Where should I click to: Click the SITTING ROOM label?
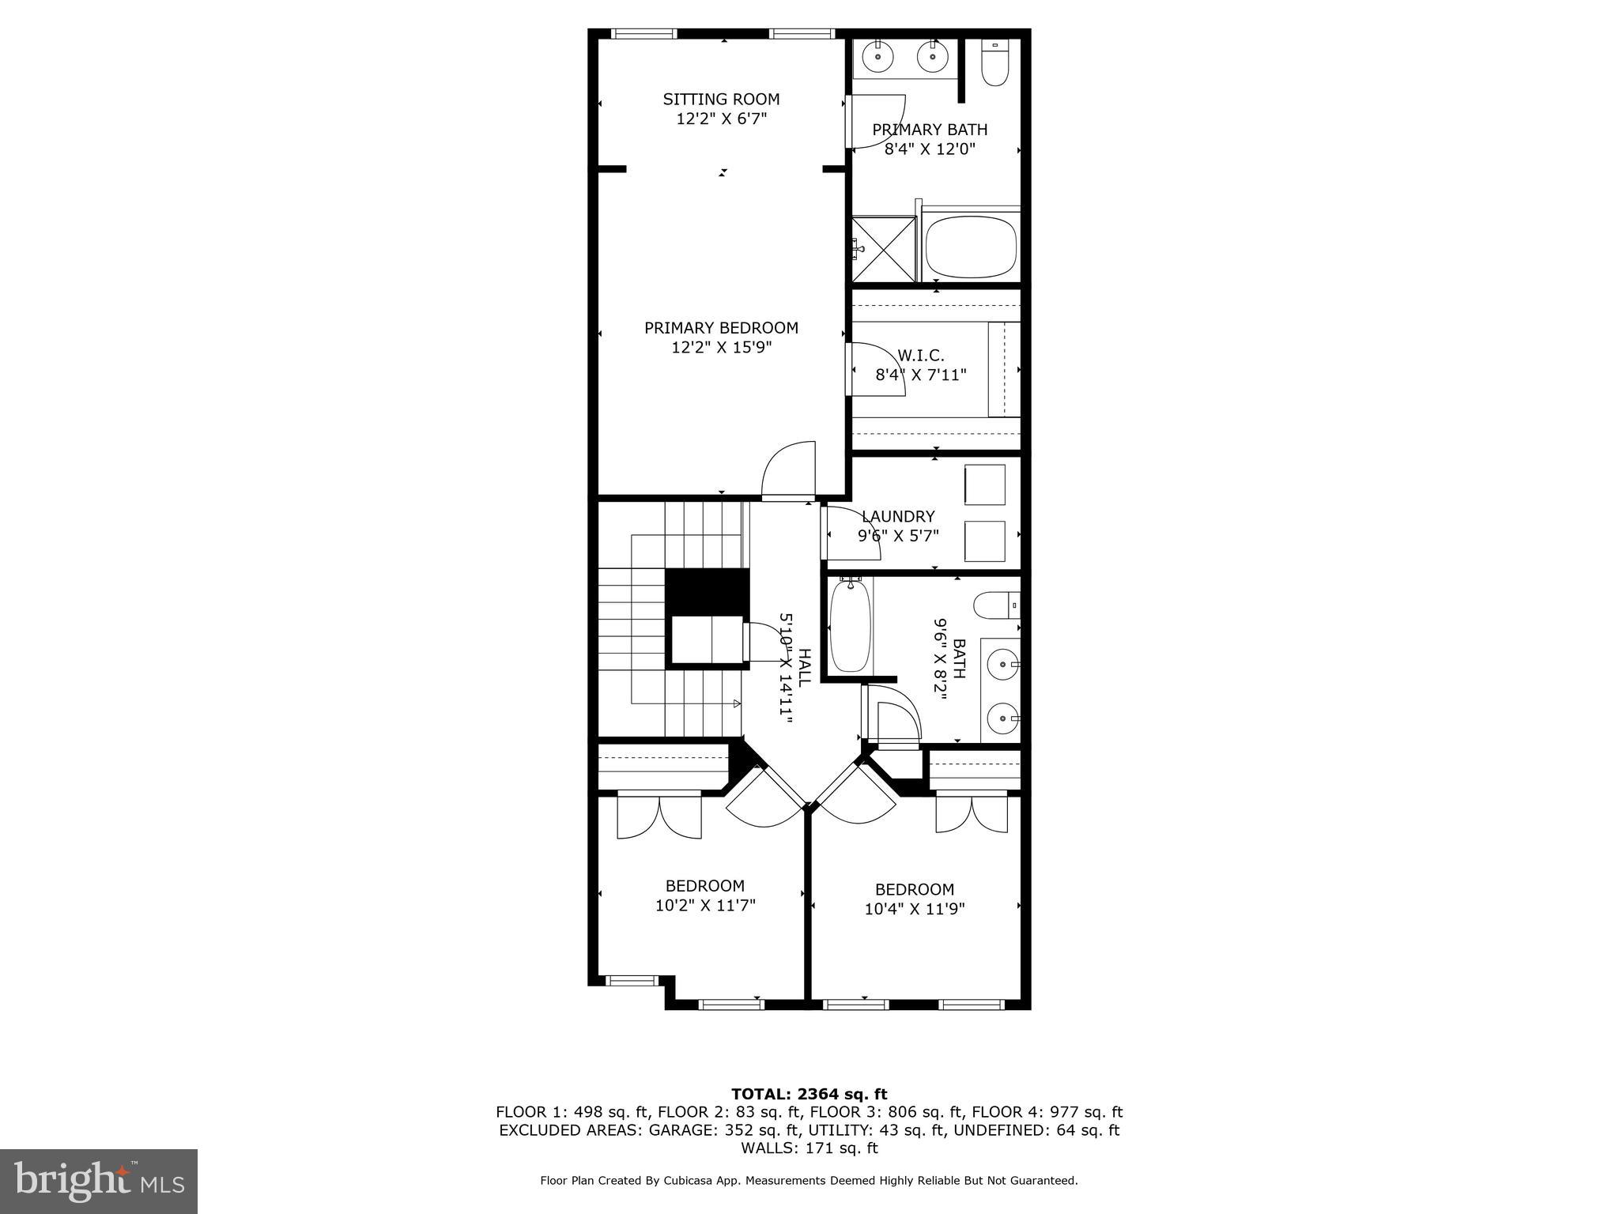click(x=721, y=99)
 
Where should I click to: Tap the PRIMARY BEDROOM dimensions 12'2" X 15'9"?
click(x=721, y=347)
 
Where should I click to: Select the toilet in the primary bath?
click(x=994, y=63)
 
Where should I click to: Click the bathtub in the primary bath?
click(x=971, y=245)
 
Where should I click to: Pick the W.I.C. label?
click(x=921, y=356)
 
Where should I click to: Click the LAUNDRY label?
click(x=898, y=517)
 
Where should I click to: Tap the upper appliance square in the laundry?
click(x=984, y=484)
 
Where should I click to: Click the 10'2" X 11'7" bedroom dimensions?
click(x=705, y=905)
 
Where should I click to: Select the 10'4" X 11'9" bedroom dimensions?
click(x=915, y=909)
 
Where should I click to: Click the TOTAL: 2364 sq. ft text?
click(x=809, y=1095)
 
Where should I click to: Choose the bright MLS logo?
click(x=99, y=1181)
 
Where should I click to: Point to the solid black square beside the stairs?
click(x=707, y=590)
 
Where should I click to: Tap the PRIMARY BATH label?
click(x=930, y=130)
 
